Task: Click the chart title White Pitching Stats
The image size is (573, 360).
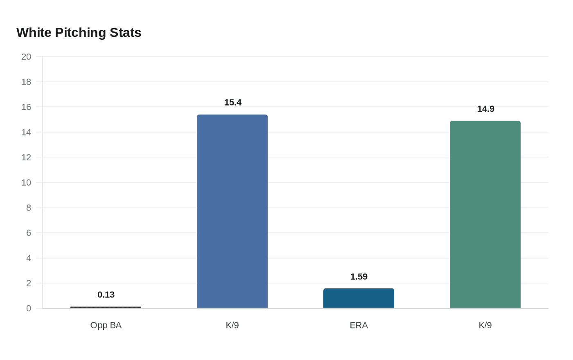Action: (79, 33)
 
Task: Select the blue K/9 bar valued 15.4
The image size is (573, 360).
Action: (232, 211)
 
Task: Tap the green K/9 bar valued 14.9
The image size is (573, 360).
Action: (485, 214)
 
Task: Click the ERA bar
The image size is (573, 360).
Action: (359, 298)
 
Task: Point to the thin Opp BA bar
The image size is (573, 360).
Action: (106, 307)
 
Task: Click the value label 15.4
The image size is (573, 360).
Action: (232, 102)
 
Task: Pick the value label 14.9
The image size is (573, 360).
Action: (485, 109)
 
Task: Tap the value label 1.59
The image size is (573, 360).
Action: (359, 277)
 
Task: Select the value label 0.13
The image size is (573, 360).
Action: (106, 295)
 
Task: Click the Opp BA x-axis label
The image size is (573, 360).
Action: (106, 325)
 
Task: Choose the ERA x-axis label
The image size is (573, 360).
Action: (359, 325)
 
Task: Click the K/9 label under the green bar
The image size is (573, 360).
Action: (485, 325)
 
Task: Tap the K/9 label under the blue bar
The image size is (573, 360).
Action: (232, 325)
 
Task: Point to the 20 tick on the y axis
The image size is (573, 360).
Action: (26, 57)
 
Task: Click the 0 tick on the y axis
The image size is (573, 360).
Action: (29, 308)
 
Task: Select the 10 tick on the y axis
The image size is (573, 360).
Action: (26, 182)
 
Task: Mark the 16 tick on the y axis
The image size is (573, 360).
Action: (26, 107)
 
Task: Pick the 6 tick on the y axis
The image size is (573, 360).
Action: (29, 233)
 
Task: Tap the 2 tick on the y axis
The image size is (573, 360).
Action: (29, 283)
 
